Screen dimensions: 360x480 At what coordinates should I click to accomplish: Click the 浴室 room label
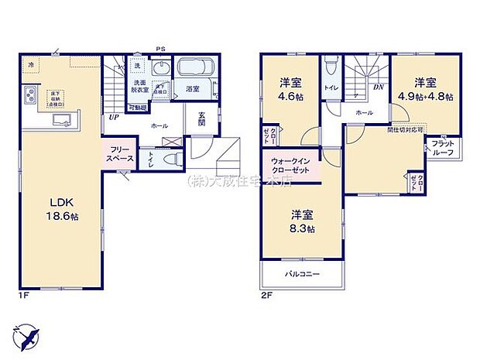coord(193,91)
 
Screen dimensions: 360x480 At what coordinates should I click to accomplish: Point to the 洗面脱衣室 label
coord(140,87)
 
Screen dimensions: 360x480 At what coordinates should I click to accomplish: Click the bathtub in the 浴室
coord(197,68)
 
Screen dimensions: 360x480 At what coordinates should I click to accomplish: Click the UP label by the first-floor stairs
coord(114,118)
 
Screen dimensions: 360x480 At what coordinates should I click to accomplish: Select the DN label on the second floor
coord(379,87)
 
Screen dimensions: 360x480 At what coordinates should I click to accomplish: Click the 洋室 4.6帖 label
coord(290,91)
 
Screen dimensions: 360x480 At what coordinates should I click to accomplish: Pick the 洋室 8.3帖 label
coord(303,221)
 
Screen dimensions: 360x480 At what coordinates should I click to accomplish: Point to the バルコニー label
coord(302,273)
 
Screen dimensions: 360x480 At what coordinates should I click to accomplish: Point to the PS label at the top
coord(161,49)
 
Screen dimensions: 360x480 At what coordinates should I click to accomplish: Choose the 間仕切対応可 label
coord(403,129)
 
